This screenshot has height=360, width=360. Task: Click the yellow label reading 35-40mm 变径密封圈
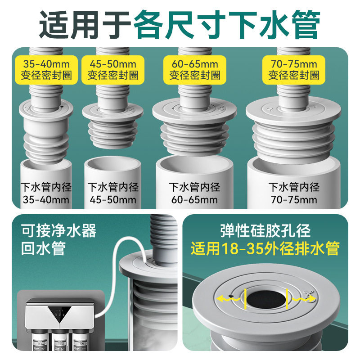pos(45,69)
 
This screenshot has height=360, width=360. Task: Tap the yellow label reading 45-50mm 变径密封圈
pos(112,69)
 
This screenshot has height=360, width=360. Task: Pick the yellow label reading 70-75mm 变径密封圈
pos(293,69)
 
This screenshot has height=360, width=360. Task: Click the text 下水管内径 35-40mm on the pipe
pos(46,193)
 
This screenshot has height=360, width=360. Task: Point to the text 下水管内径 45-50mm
pos(112,193)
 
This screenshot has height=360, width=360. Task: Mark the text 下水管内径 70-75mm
pos(293,193)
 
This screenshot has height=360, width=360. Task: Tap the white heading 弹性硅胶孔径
pos(265,231)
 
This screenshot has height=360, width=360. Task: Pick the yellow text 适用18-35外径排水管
pos(265,248)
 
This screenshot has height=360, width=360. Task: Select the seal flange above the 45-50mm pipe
pos(112,110)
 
